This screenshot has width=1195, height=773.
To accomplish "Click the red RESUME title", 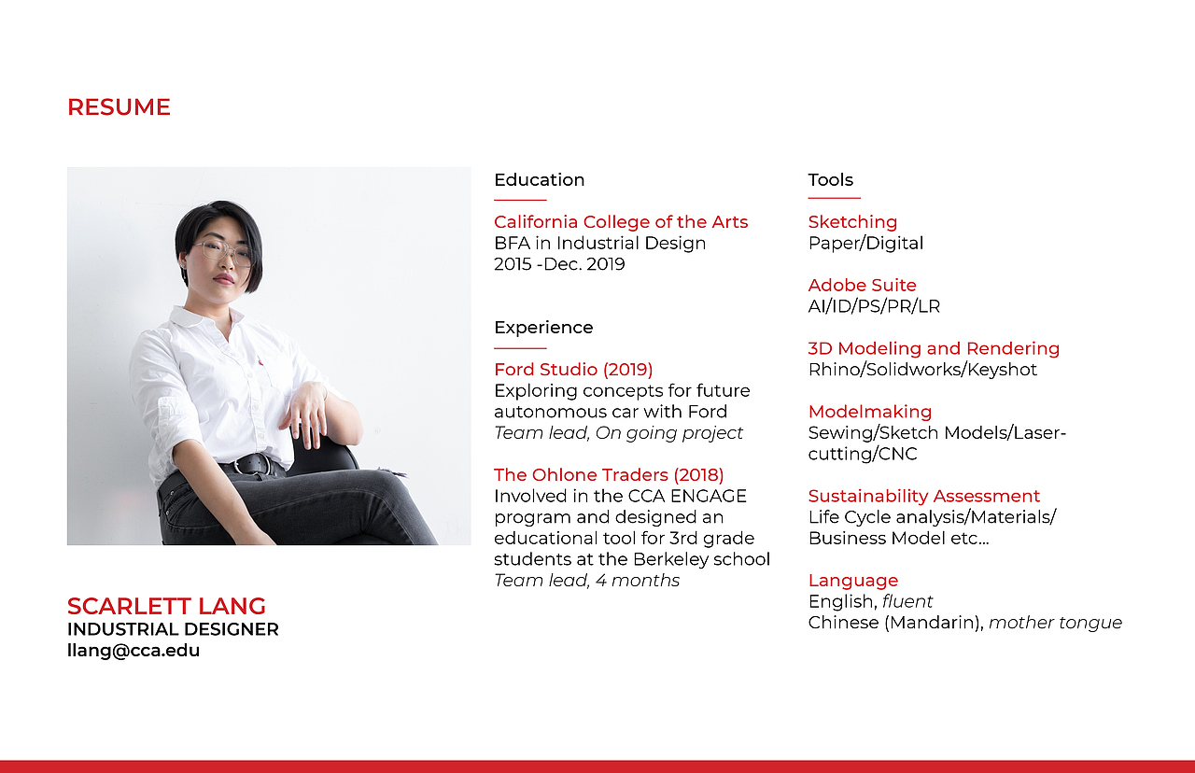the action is pyautogui.click(x=119, y=107).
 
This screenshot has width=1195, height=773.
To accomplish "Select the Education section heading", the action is pyautogui.click(x=540, y=180).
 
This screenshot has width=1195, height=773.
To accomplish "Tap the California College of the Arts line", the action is pyautogui.click(x=621, y=222).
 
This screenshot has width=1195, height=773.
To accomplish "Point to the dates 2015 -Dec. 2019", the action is pyautogui.click(x=559, y=264).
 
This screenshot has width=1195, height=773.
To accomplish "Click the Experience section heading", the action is pyautogui.click(x=543, y=327).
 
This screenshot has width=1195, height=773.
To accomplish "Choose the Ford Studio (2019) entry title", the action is pyautogui.click(x=573, y=369).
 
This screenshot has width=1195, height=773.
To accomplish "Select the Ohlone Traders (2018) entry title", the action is pyautogui.click(x=609, y=475).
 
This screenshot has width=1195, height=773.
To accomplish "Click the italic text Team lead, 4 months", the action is pyautogui.click(x=587, y=581).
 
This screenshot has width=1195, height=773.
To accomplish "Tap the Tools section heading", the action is pyautogui.click(x=831, y=180).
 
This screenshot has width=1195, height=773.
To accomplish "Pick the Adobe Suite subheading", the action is pyautogui.click(x=862, y=285).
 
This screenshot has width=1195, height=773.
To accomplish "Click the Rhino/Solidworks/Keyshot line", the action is pyautogui.click(x=922, y=369).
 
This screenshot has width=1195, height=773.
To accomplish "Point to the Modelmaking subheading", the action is pyautogui.click(x=870, y=412).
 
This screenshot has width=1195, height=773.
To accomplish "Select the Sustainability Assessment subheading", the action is pyautogui.click(x=924, y=496).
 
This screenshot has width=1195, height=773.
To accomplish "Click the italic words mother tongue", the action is pyautogui.click(x=1055, y=623).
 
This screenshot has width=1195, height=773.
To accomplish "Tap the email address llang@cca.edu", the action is pyautogui.click(x=134, y=651).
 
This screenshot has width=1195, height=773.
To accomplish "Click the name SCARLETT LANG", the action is pyautogui.click(x=166, y=606).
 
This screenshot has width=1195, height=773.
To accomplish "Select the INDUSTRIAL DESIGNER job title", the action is pyautogui.click(x=173, y=629).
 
